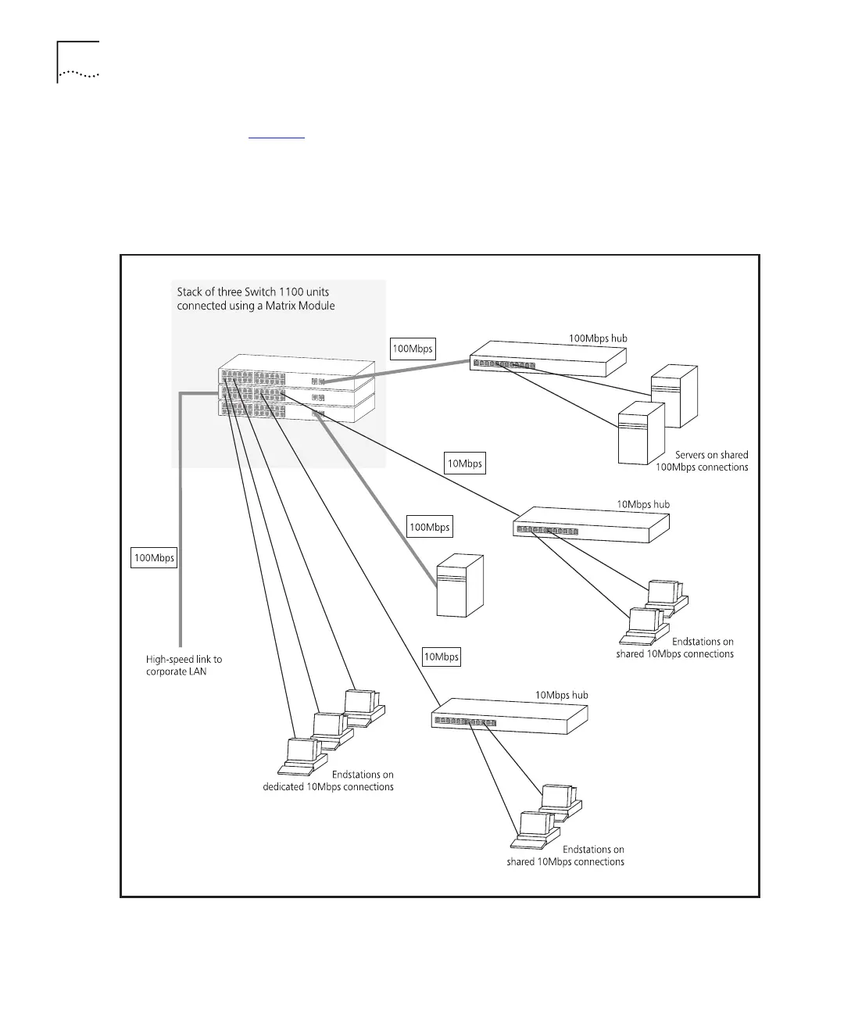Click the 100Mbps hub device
pyautogui.click(x=547, y=358)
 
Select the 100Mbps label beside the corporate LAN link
pyautogui.click(x=155, y=558)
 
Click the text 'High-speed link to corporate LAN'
pyautogui.click(x=184, y=666)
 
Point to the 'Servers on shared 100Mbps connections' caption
pyautogui.click(x=702, y=461)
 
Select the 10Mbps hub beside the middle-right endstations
pyautogui.click(x=591, y=524)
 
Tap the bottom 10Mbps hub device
pyautogui.click(x=510, y=715)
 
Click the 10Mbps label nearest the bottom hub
pyautogui.click(x=442, y=657)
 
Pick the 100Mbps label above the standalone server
pyautogui.click(x=431, y=528)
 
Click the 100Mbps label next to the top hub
pyautogui.click(x=413, y=349)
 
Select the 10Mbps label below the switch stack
pyautogui.click(x=465, y=464)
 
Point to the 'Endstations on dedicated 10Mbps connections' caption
pyautogui.click(x=328, y=781)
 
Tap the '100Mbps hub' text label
pyautogui.click(x=598, y=338)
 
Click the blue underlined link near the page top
pyautogui.click(x=276, y=135)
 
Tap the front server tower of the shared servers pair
pyautogui.click(x=641, y=434)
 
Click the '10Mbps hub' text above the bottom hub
pyautogui.click(x=562, y=695)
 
